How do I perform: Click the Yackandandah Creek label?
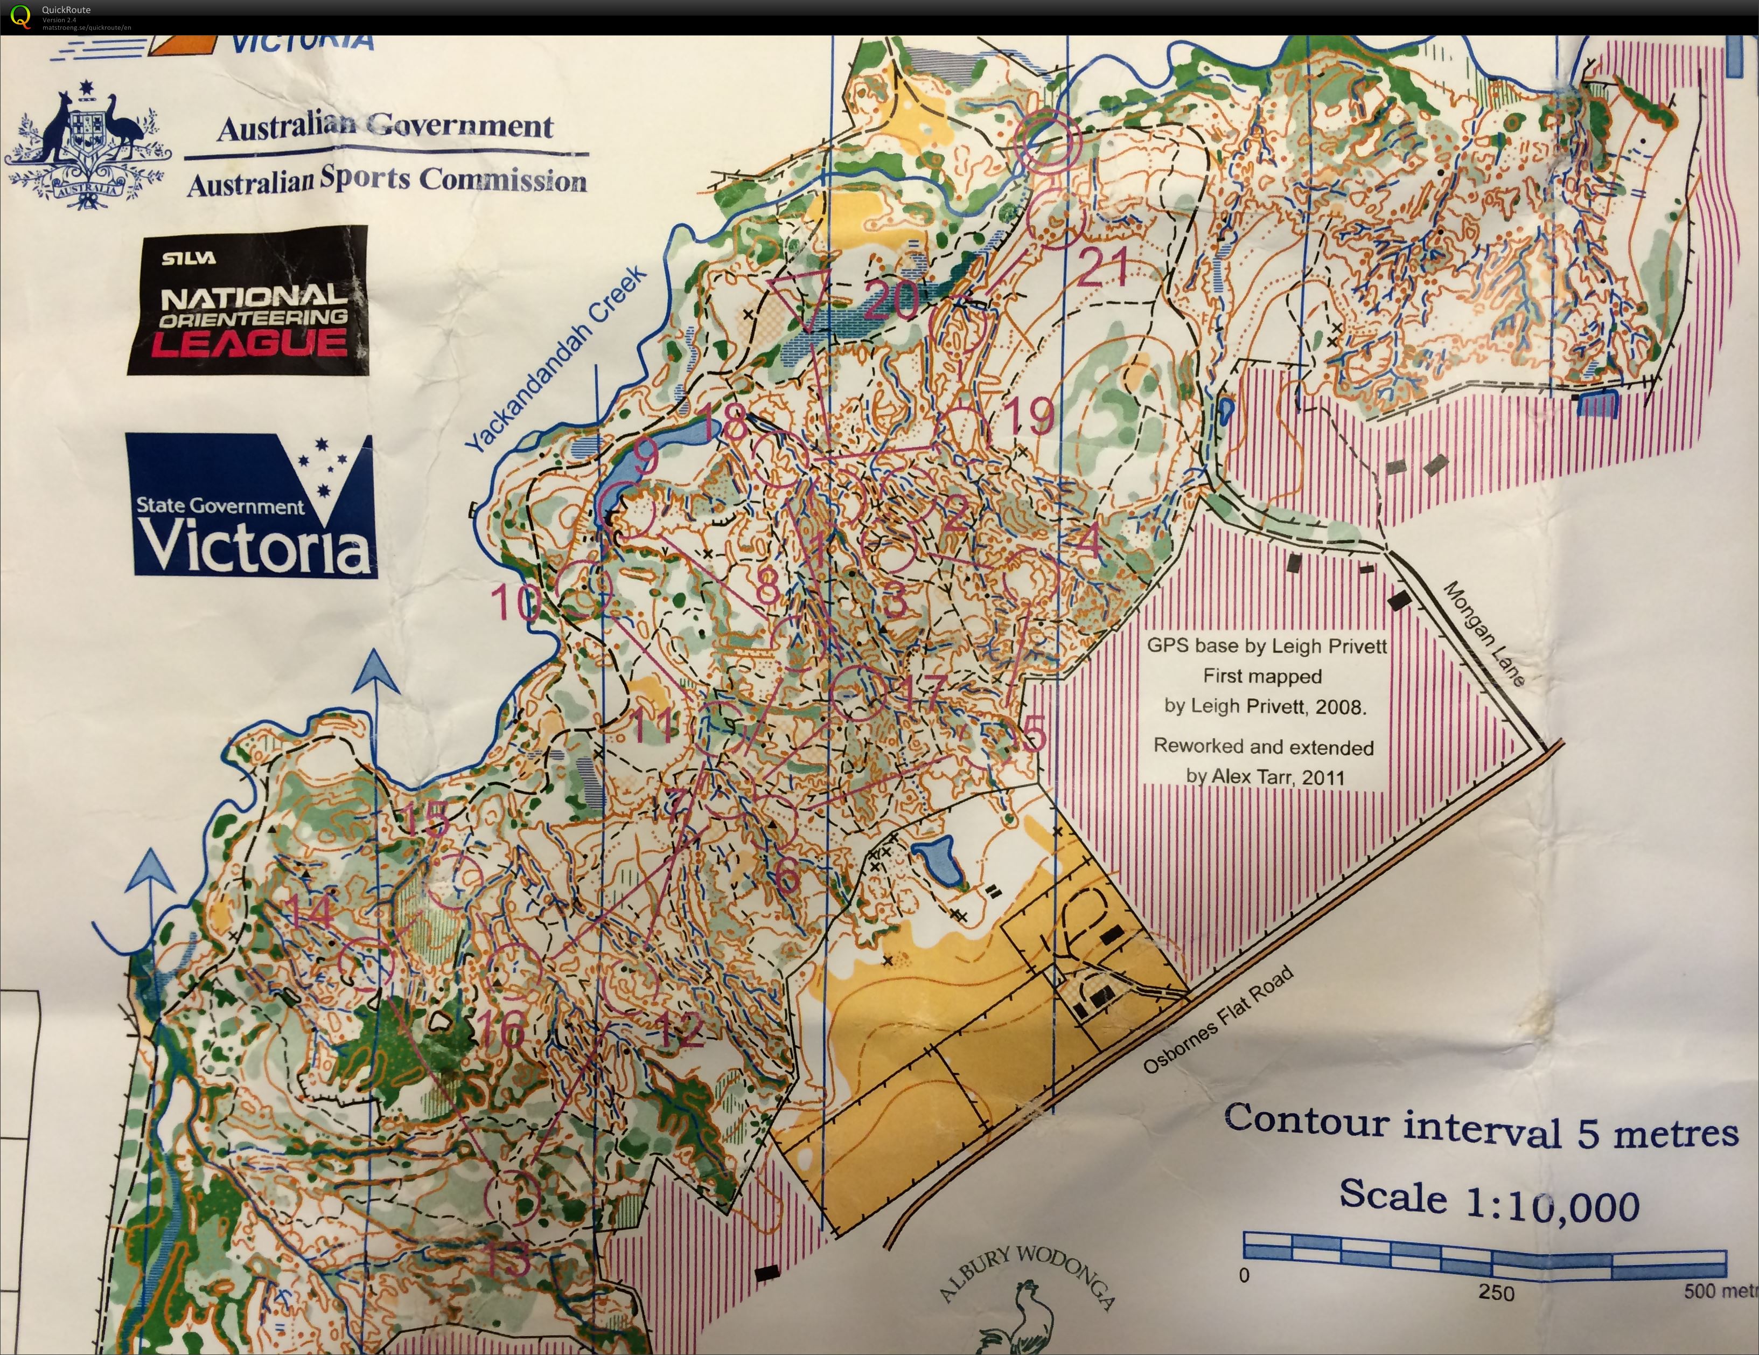[x=556, y=359]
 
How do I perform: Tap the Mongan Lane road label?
[x=1484, y=634]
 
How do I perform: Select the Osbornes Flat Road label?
[x=1218, y=1020]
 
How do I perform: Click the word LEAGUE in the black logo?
[x=250, y=342]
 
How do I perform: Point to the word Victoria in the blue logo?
[x=254, y=545]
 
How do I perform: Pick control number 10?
[x=515, y=602]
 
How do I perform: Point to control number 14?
[x=310, y=912]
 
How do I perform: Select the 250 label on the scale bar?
[x=1496, y=1293]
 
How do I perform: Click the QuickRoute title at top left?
[x=66, y=10]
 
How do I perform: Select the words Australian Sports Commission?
[x=387, y=180]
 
